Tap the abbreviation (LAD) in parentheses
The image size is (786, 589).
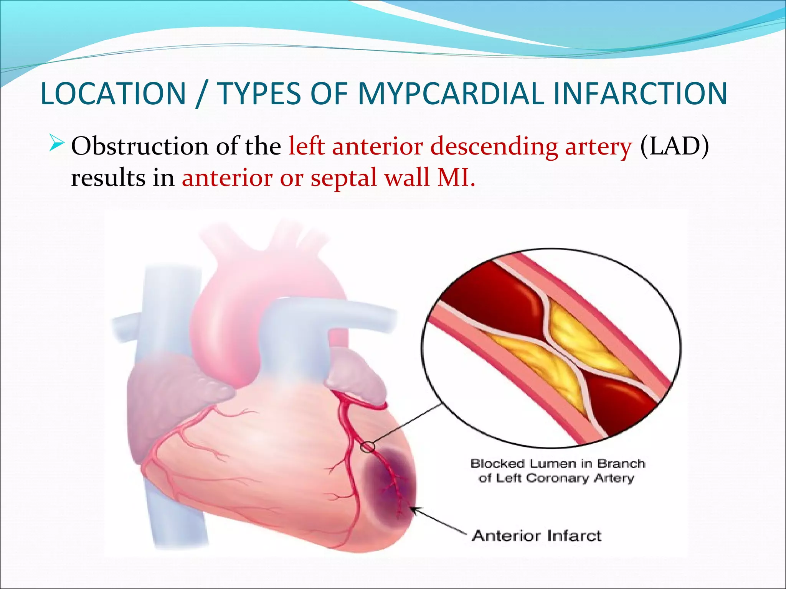674,146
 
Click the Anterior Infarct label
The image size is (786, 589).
537,535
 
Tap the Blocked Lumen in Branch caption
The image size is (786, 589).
557,464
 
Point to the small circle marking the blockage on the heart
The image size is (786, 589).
367,447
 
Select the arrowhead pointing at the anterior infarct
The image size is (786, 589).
415,510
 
